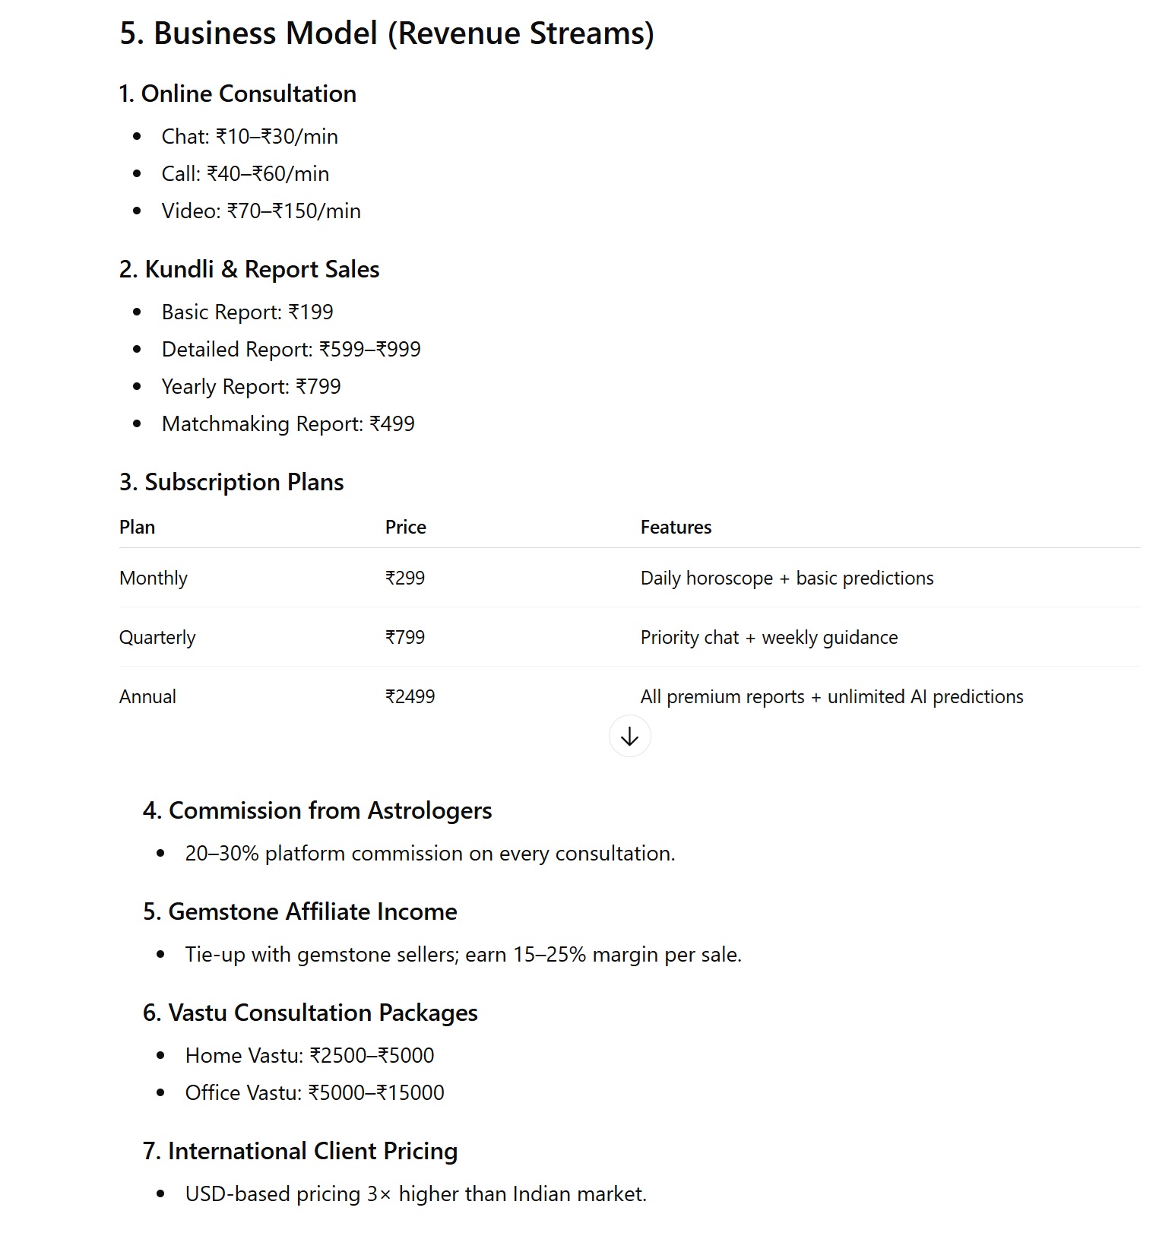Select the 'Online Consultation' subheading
tap(237, 94)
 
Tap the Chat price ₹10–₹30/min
tap(277, 137)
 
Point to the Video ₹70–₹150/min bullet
tap(261, 211)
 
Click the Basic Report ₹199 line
tap(247, 312)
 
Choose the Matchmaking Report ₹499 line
tap(288, 424)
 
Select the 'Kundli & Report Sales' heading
tap(249, 270)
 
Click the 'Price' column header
tap(405, 528)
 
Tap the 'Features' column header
tap(676, 528)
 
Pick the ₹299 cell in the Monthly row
tap(405, 578)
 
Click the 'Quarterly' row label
tap(157, 638)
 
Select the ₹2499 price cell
tap(410, 697)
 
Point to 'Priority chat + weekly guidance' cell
tap(768, 638)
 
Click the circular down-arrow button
tap(629, 737)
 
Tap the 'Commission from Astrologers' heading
tap(317, 811)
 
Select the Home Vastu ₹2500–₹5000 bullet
tap(309, 1056)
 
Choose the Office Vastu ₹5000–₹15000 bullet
tap(314, 1093)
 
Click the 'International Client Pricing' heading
tap(299, 1152)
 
